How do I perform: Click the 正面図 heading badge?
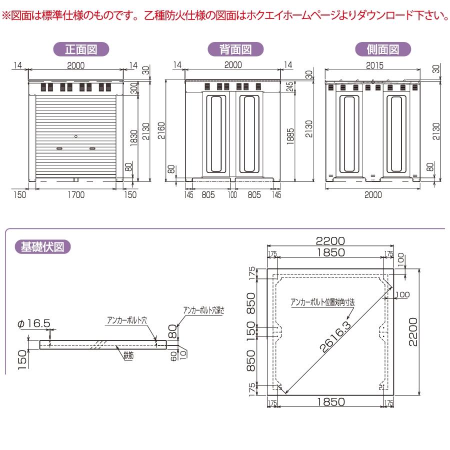pos(81,49)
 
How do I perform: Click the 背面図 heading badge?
pos(235,49)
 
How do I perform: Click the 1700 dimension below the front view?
pos(76,195)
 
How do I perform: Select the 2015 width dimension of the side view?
pos(373,65)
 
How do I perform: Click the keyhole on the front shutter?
pos(75,136)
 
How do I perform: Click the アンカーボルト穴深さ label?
pos(203,310)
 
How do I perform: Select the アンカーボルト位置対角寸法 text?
pos(323,302)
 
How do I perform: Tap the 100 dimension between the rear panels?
pos(232,195)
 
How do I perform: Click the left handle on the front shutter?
pos(59,148)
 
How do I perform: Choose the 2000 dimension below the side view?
pos(373,195)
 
